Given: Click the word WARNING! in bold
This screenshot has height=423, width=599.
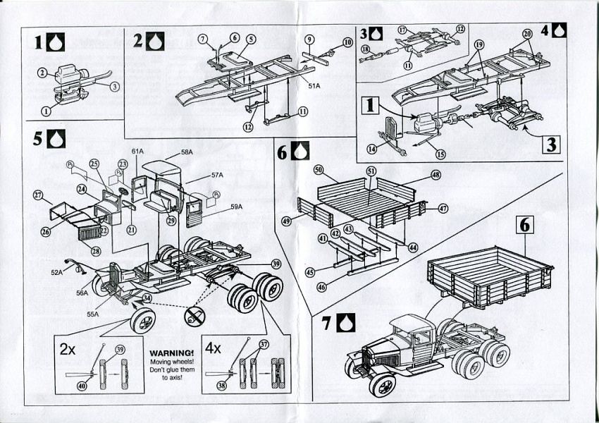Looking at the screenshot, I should tap(171, 352).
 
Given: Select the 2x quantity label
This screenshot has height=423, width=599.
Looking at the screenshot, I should tap(68, 349).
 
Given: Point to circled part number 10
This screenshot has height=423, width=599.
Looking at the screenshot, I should tap(348, 42).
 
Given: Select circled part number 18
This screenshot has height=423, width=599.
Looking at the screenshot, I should tap(365, 49).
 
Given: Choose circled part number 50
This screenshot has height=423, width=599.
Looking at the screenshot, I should tap(318, 171).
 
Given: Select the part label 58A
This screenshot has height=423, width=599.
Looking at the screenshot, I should tap(186, 152).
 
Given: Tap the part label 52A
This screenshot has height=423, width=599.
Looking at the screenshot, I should tap(57, 271).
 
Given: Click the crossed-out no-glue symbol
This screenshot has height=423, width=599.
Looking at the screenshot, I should tap(193, 316).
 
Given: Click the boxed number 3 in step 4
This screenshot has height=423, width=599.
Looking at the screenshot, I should tap(550, 145).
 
